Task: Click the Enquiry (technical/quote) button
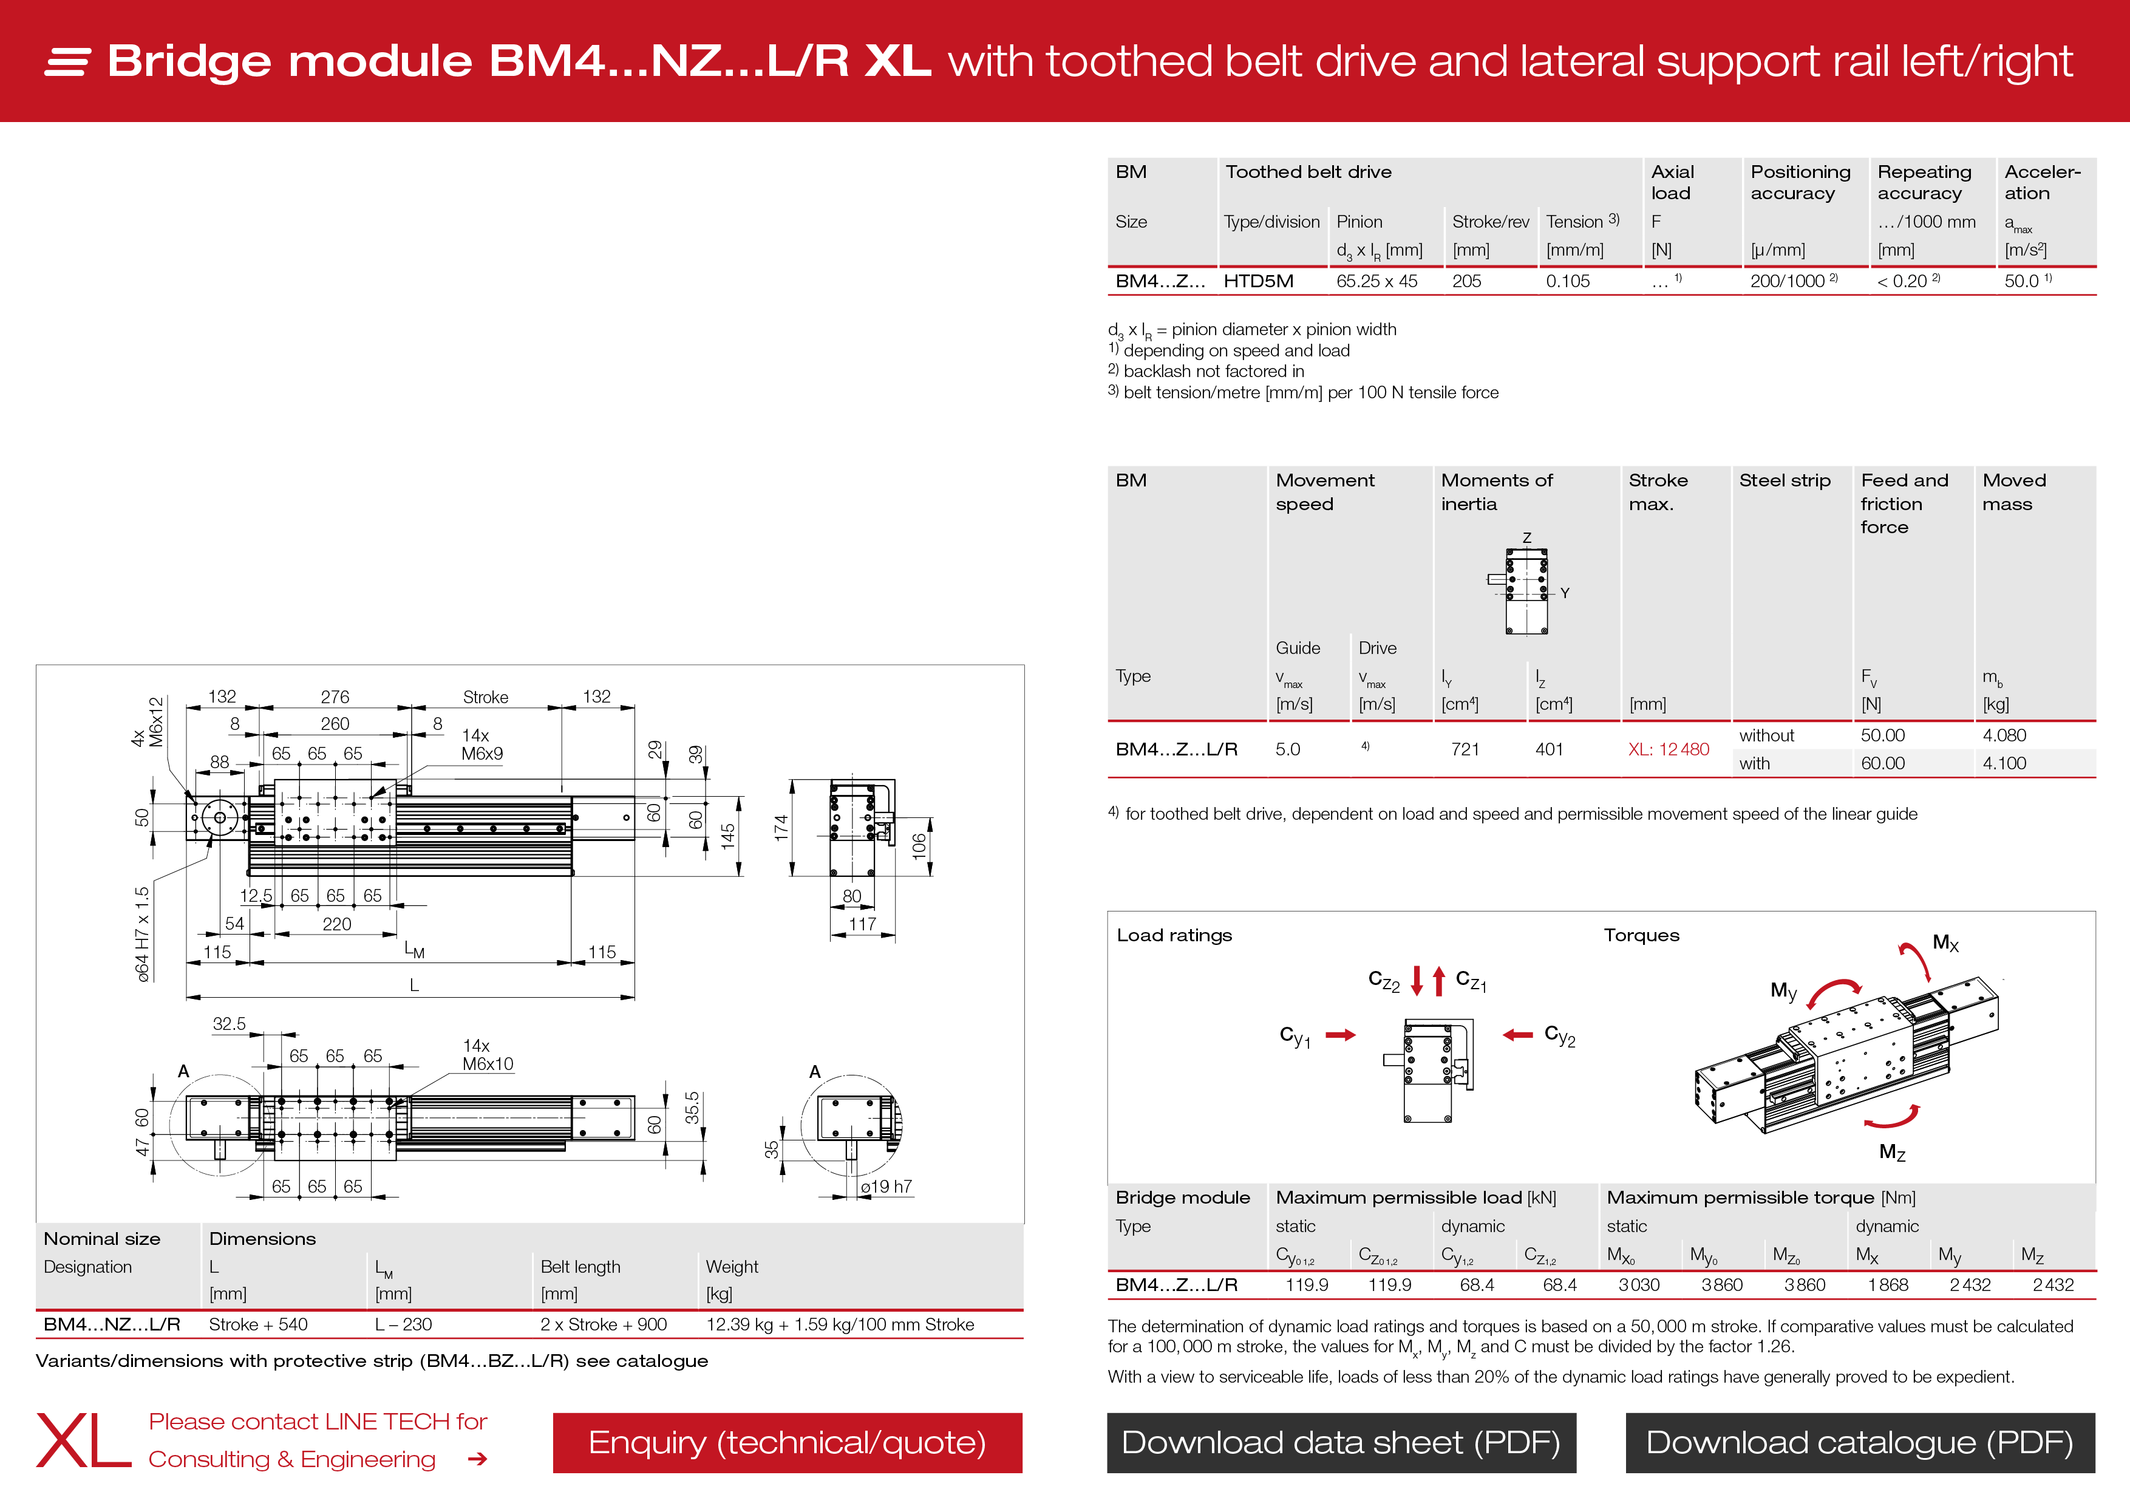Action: (x=787, y=1442)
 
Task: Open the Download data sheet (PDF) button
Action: (x=1341, y=1442)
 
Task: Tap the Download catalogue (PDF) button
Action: (x=1859, y=1442)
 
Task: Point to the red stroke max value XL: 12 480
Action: (x=1668, y=749)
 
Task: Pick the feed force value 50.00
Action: (x=1882, y=735)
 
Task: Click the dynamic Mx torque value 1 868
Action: (x=1888, y=1285)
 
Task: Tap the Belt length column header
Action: (x=580, y=1267)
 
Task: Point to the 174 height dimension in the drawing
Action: (x=781, y=828)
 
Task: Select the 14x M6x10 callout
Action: (x=487, y=1055)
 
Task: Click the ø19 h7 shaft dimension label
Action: (x=886, y=1187)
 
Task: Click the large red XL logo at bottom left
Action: (x=84, y=1441)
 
